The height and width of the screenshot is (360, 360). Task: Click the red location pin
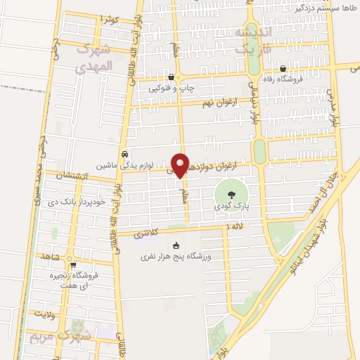pos(180,165)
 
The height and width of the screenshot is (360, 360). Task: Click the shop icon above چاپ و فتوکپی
pos(172,77)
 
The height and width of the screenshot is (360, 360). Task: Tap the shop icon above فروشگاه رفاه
pos(283,69)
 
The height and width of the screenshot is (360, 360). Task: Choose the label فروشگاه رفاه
pos(285,81)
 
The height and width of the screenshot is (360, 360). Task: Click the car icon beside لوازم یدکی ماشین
pos(124,154)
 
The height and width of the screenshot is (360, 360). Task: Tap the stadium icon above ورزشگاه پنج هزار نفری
pos(176,246)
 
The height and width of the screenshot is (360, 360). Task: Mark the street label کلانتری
pos(151,232)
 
